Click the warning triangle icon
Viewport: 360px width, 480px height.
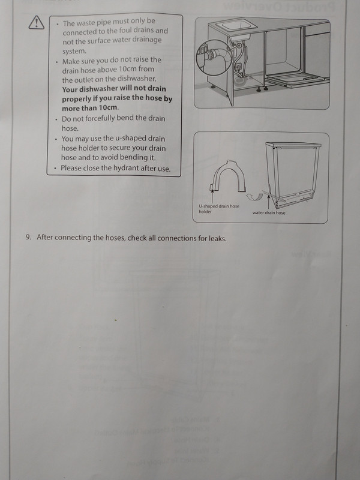[35, 23]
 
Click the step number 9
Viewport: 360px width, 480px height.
[28, 238]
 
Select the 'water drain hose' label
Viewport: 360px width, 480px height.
[269, 212]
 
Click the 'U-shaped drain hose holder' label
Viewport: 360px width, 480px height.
[218, 209]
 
